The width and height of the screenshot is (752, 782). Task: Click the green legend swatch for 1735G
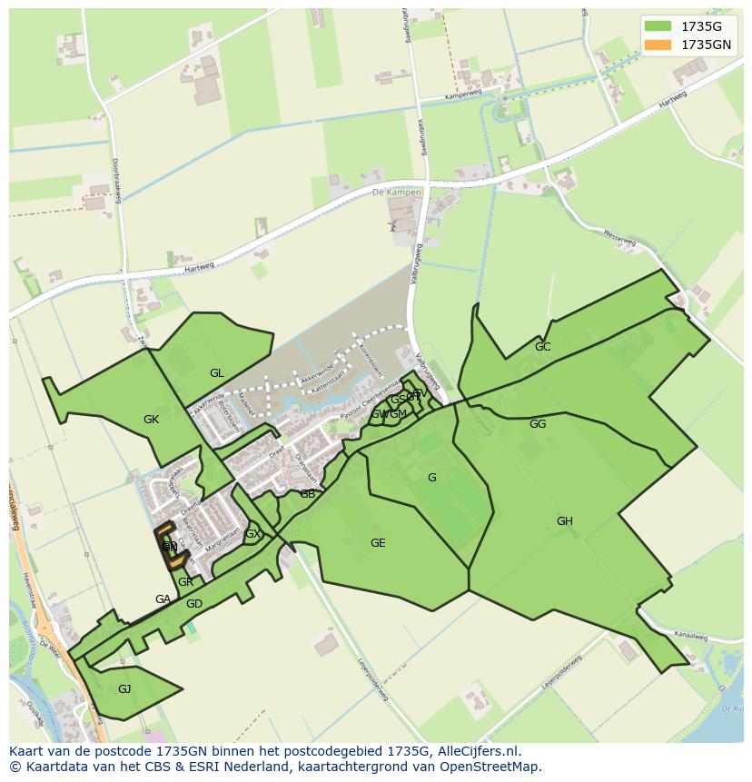click(x=658, y=25)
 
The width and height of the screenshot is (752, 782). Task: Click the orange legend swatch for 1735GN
click(x=658, y=44)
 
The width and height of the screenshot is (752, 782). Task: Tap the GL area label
click(x=216, y=373)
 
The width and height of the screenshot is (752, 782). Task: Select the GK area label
click(x=151, y=420)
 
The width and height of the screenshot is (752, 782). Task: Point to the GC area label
click(x=542, y=347)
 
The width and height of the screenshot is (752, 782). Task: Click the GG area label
click(x=538, y=424)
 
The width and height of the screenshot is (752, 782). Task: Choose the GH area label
click(x=564, y=521)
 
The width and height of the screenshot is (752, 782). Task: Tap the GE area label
click(x=378, y=543)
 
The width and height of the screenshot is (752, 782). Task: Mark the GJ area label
click(x=124, y=689)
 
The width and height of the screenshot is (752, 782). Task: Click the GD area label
click(x=193, y=604)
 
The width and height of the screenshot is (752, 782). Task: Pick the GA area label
click(x=163, y=599)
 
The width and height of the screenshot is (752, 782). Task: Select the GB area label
click(x=307, y=494)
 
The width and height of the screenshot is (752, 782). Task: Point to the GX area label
click(x=252, y=534)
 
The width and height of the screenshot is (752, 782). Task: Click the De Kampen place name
click(x=397, y=193)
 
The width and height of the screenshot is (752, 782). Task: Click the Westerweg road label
click(x=619, y=237)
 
